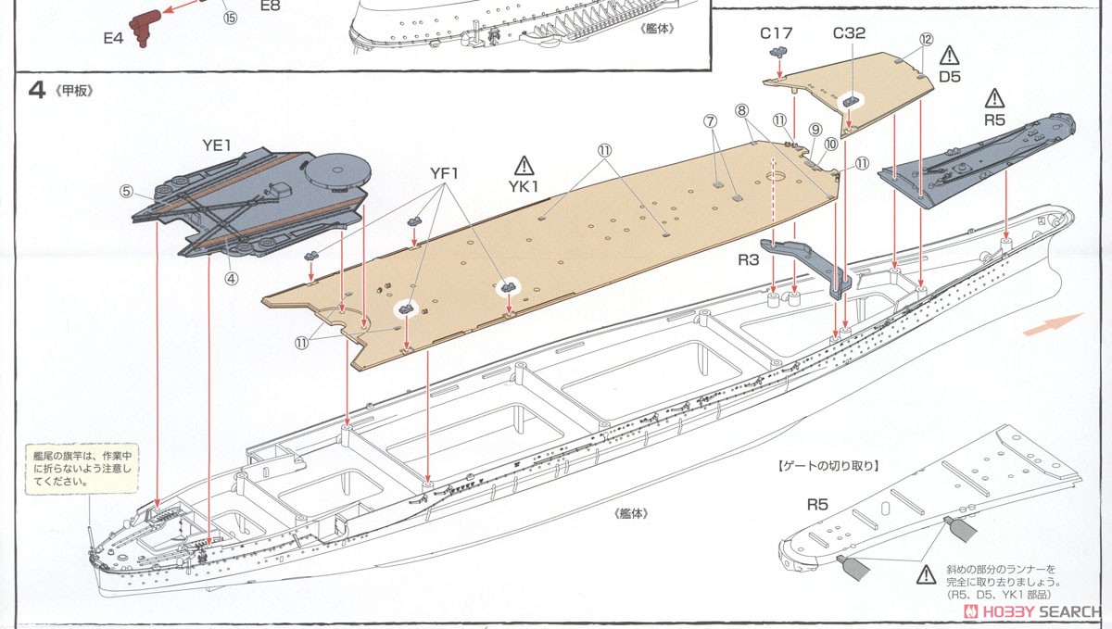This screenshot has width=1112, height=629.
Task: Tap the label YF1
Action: (x=444, y=173)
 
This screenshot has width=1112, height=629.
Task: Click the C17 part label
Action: (x=776, y=33)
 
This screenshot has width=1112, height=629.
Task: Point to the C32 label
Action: (x=849, y=33)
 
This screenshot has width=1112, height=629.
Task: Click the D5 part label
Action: (x=950, y=76)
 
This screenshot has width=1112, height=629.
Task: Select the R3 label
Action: (x=749, y=260)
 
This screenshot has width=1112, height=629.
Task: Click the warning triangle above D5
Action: (x=950, y=55)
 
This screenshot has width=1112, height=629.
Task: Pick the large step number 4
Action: (x=37, y=94)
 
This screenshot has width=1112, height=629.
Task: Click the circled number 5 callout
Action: (x=127, y=193)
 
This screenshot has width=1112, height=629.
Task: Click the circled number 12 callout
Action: (x=925, y=40)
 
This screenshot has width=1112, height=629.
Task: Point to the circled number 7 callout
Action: (x=710, y=121)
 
